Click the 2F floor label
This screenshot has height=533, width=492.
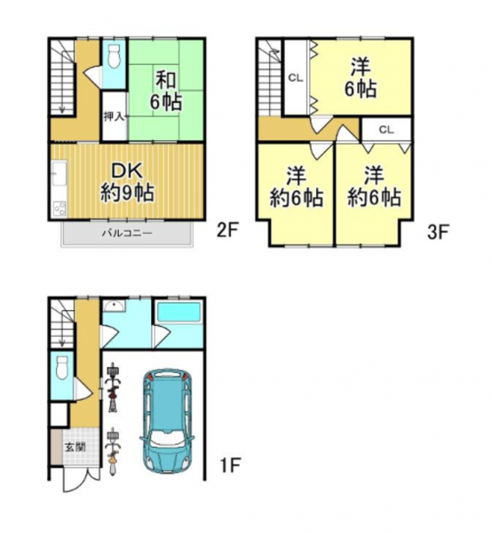tap(227, 232)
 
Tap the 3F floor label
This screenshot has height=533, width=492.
tap(439, 232)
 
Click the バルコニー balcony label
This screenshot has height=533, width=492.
tap(127, 234)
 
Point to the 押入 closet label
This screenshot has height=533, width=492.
tap(115, 116)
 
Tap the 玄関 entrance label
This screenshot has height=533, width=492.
tap(75, 448)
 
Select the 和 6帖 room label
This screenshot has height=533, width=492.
tap(166, 91)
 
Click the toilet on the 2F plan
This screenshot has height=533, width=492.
tap(114, 57)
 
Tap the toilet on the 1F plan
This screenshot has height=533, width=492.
tap(61, 367)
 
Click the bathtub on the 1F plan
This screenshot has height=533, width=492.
tap(179, 313)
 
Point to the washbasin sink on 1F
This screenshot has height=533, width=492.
tap(114, 306)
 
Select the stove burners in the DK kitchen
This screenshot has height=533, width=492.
tap(60, 208)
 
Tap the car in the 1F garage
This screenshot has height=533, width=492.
tap(167, 421)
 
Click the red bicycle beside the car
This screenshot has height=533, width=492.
tap(113, 387)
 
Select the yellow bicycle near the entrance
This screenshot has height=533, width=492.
tap(113, 452)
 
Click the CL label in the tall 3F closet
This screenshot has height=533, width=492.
tap(295, 78)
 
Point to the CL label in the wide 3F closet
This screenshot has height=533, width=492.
tap(386, 130)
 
